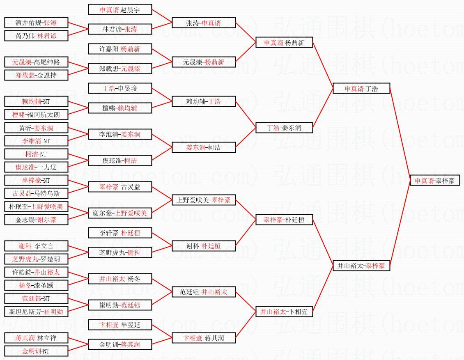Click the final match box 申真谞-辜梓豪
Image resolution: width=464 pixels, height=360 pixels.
[x=435, y=181]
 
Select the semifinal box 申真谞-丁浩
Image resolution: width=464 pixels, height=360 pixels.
[x=361, y=88]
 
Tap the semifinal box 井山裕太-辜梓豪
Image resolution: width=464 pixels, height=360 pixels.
[x=361, y=266]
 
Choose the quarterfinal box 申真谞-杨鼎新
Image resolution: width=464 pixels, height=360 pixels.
[x=284, y=43]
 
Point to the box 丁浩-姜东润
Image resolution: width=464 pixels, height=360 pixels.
[x=284, y=128]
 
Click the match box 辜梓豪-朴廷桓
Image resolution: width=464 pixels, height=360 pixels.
[x=284, y=220]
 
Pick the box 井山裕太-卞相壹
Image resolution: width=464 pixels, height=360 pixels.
[x=284, y=312]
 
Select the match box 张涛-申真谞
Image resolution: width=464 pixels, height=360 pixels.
[x=204, y=23]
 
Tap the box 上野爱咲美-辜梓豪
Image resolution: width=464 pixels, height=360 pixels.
[x=204, y=200]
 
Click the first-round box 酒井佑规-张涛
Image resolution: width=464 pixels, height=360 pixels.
[x=36, y=23]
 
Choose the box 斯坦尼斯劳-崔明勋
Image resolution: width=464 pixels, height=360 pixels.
[x=36, y=312]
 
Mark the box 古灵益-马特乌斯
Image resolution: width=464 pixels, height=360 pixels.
[x=36, y=193]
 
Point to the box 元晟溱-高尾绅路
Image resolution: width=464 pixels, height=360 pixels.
[x=36, y=62]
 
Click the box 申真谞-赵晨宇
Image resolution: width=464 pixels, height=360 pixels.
[x=120, y=9]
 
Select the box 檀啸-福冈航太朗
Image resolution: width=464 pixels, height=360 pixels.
[x=36, y=115]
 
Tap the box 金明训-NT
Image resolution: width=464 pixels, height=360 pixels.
[x=36, y=351]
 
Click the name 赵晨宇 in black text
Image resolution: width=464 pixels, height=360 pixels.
[x=130, y=10]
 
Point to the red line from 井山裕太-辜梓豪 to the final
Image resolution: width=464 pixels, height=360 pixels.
[x=400, y=223]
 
